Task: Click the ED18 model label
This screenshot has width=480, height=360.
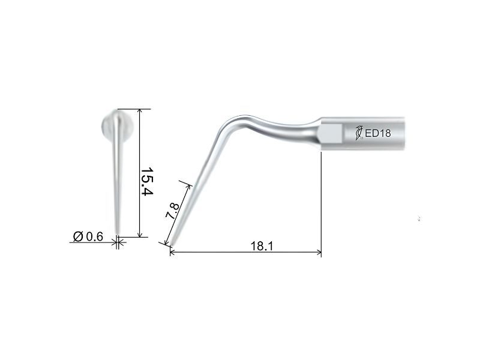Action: pos(378,133)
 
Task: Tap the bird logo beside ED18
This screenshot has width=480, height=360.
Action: pos(359,133)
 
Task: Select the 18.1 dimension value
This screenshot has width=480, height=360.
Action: pos(262,246)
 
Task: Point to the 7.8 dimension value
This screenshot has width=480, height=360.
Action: pos(172,211)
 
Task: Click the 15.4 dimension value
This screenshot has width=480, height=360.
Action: pos(146,181)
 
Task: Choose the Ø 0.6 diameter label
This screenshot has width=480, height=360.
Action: pos(88,236)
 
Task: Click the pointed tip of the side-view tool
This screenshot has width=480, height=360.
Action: pos(171,245)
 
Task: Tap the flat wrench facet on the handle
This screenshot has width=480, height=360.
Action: pos(331,133)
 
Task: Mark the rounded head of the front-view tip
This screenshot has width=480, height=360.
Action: pos(117,125)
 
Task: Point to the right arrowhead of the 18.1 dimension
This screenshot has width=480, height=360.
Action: pos(319,252)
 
